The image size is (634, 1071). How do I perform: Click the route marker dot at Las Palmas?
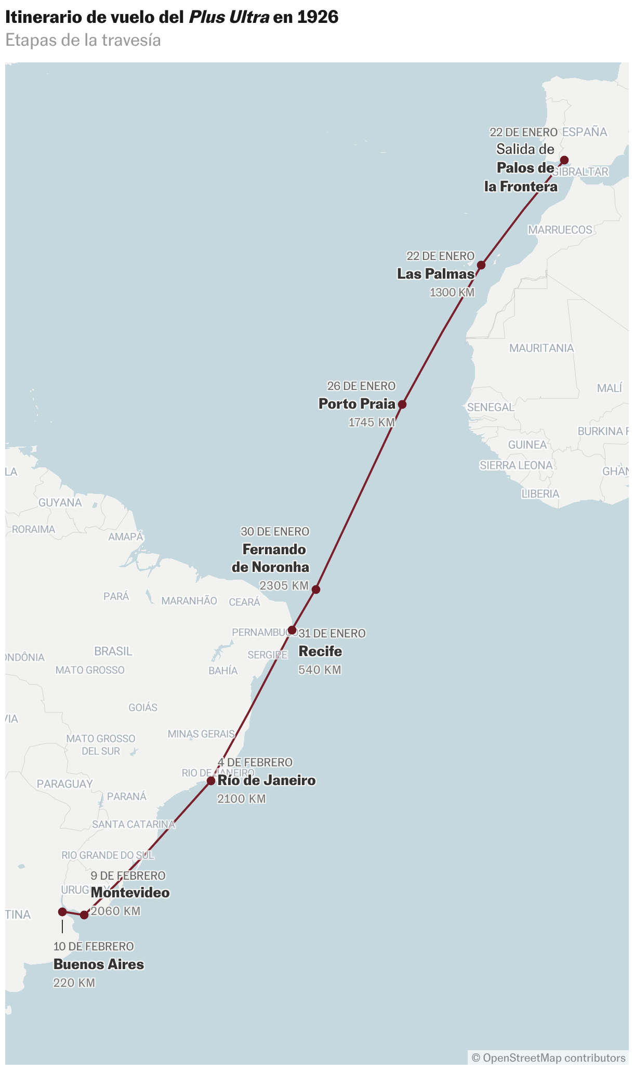481,265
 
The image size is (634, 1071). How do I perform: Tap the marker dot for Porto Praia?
402,404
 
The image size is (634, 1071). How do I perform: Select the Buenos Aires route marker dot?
62,912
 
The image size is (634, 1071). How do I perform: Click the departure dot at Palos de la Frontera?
564,160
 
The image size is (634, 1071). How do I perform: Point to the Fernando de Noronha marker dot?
316,589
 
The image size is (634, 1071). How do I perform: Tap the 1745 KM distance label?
372,422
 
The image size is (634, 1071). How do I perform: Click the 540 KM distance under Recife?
320,670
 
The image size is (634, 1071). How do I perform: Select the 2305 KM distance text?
284,585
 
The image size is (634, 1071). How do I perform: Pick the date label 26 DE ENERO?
361,386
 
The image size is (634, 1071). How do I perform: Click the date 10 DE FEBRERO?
94,946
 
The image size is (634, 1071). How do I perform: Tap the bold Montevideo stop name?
130,893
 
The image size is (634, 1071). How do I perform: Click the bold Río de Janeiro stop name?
267,780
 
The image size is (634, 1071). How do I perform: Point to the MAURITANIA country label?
541,348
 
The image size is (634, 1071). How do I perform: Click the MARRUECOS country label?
560,229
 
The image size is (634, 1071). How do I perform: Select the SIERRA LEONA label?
516,465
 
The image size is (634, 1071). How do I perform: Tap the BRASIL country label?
113,651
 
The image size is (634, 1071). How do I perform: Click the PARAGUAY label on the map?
65,783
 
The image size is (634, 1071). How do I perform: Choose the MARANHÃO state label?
189,601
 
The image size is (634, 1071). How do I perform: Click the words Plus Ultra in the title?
229,17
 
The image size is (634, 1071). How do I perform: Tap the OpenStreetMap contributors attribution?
549,1058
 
